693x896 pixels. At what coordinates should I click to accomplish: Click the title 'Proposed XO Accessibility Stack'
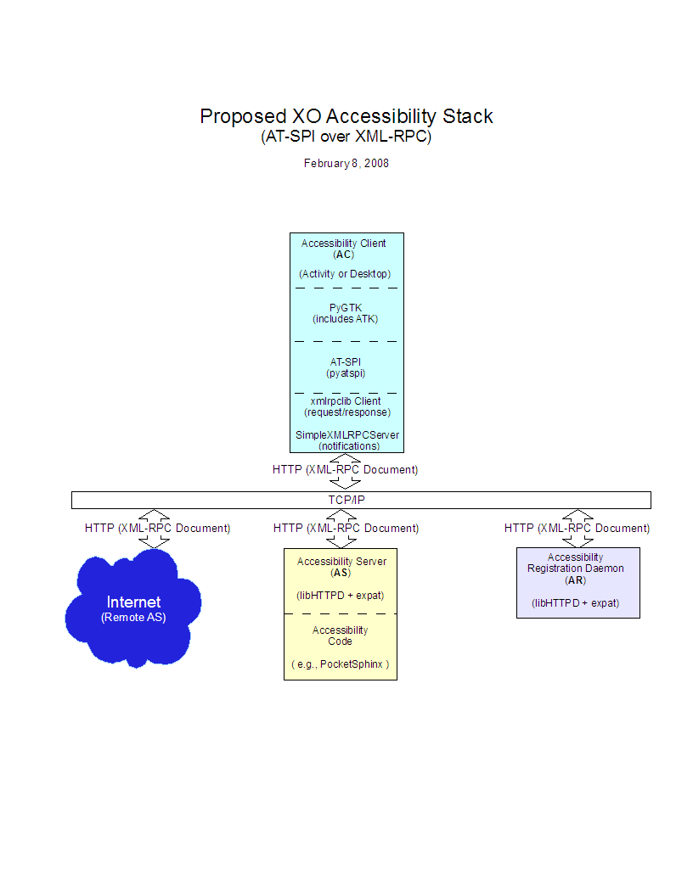click(346, 116)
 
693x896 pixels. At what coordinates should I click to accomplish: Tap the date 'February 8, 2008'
click(346, 163)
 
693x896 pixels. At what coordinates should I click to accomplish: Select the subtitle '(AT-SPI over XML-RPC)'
click(346, 137)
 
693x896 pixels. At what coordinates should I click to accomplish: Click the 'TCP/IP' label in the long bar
click(346, 500)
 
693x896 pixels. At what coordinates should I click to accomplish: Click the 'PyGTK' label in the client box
click(346, 307)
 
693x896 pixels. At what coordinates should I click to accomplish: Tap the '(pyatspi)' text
click(346, 373)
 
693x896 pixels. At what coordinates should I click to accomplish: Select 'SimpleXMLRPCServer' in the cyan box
click(346, 434)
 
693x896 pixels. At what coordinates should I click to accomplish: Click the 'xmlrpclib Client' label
click(346, 400)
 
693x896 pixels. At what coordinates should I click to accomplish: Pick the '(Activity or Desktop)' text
click(344, 274)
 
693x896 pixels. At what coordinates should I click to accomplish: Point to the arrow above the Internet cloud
click(155, 528)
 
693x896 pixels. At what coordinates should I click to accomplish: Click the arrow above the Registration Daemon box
click(578, 528)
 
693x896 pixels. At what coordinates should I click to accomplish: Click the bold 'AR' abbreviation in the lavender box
click(576, 580)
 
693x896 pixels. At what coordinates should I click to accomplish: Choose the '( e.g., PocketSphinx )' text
click(341, 664)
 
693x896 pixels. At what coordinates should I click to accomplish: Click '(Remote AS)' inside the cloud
click(133, 618)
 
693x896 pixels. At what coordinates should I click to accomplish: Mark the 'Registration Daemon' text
click(576, 568)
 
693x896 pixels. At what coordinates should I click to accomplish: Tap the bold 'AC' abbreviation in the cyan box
click(344, 255)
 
